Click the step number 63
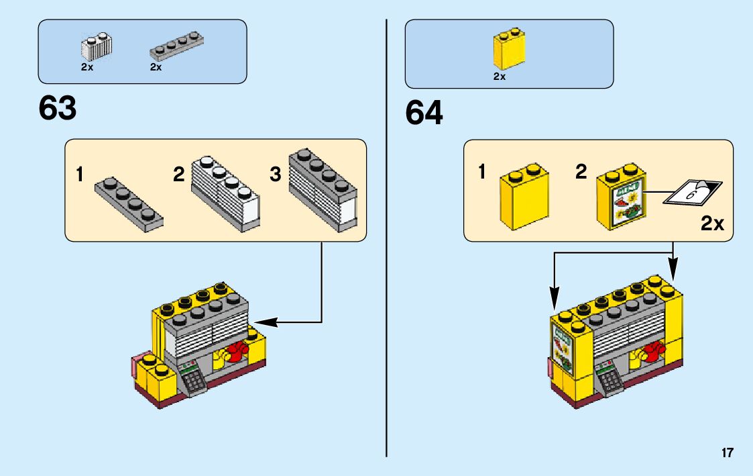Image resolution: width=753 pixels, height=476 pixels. (58, 108)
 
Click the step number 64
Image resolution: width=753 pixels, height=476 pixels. (424, 113)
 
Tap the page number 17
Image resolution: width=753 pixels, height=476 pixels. (728, 453)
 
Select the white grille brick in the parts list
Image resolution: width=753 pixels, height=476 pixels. (97, 46)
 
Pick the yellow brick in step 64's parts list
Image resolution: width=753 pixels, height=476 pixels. (509, 48)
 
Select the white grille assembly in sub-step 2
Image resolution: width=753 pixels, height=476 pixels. (225, 193)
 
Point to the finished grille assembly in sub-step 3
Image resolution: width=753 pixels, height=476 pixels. (323, 191)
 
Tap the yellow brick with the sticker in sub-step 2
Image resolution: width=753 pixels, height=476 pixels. (620, 197)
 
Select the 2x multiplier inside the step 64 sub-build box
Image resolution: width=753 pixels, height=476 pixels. (712, 224)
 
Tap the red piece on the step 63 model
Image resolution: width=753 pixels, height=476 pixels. (237, 350)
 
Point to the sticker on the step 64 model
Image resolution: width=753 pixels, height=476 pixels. (563, 348)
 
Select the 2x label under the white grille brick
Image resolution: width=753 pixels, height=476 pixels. (87, 67)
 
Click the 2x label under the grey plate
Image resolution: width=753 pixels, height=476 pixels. (156, 67)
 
